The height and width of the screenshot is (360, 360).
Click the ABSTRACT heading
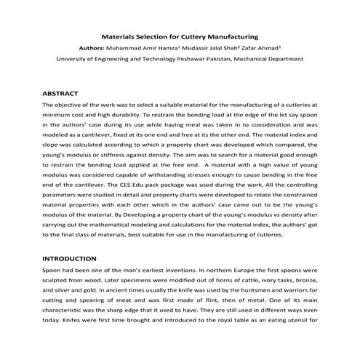pos(60,94)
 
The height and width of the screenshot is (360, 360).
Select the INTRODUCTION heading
pos(69,258)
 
